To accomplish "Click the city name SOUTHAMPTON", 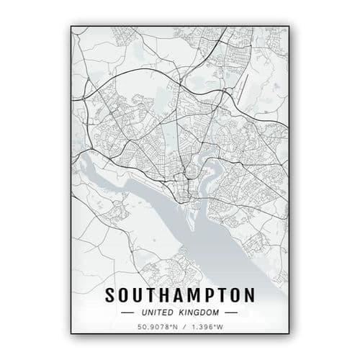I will (180, 296).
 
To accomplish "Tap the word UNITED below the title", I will (159, 313).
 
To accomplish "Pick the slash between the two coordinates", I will (181, 329).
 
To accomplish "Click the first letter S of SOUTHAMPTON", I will (111, 296).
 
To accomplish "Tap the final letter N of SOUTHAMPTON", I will (248, 296).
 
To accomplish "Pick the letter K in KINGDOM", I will (182, 313).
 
